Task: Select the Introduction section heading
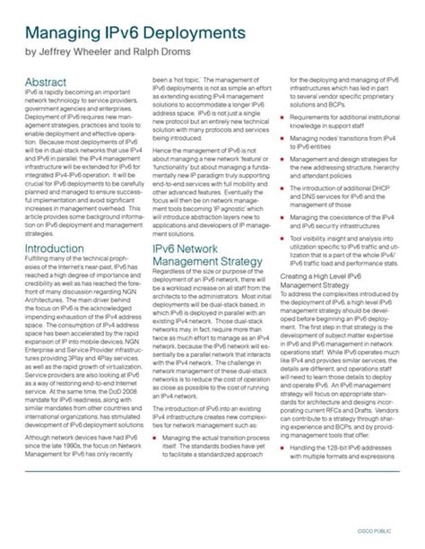tap(54, 248)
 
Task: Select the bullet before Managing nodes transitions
tap(282, 142)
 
